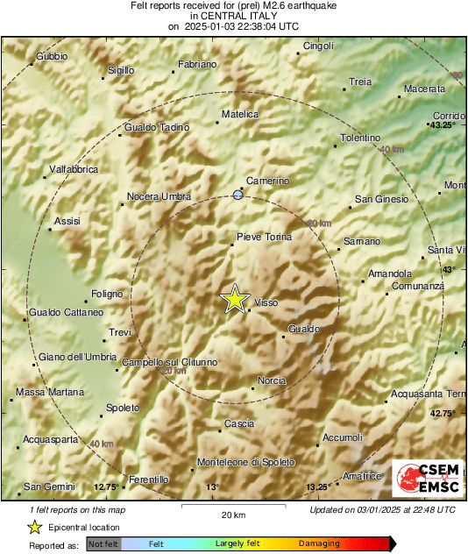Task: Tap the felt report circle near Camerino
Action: pos(238,195)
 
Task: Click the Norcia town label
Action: pos(272,380)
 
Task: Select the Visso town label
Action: pos(266,302)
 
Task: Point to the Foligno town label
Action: pos(108,295)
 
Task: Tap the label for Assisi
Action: pos(67,222)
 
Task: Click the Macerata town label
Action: pos(424,89)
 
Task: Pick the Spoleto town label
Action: pos(122,408)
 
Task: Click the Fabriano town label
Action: pos(197,65)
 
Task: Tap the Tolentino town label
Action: pos(360,138)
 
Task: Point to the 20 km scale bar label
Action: pos(232,514)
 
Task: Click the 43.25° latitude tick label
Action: pos(442,125)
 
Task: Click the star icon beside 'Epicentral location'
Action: pos(34,527)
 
